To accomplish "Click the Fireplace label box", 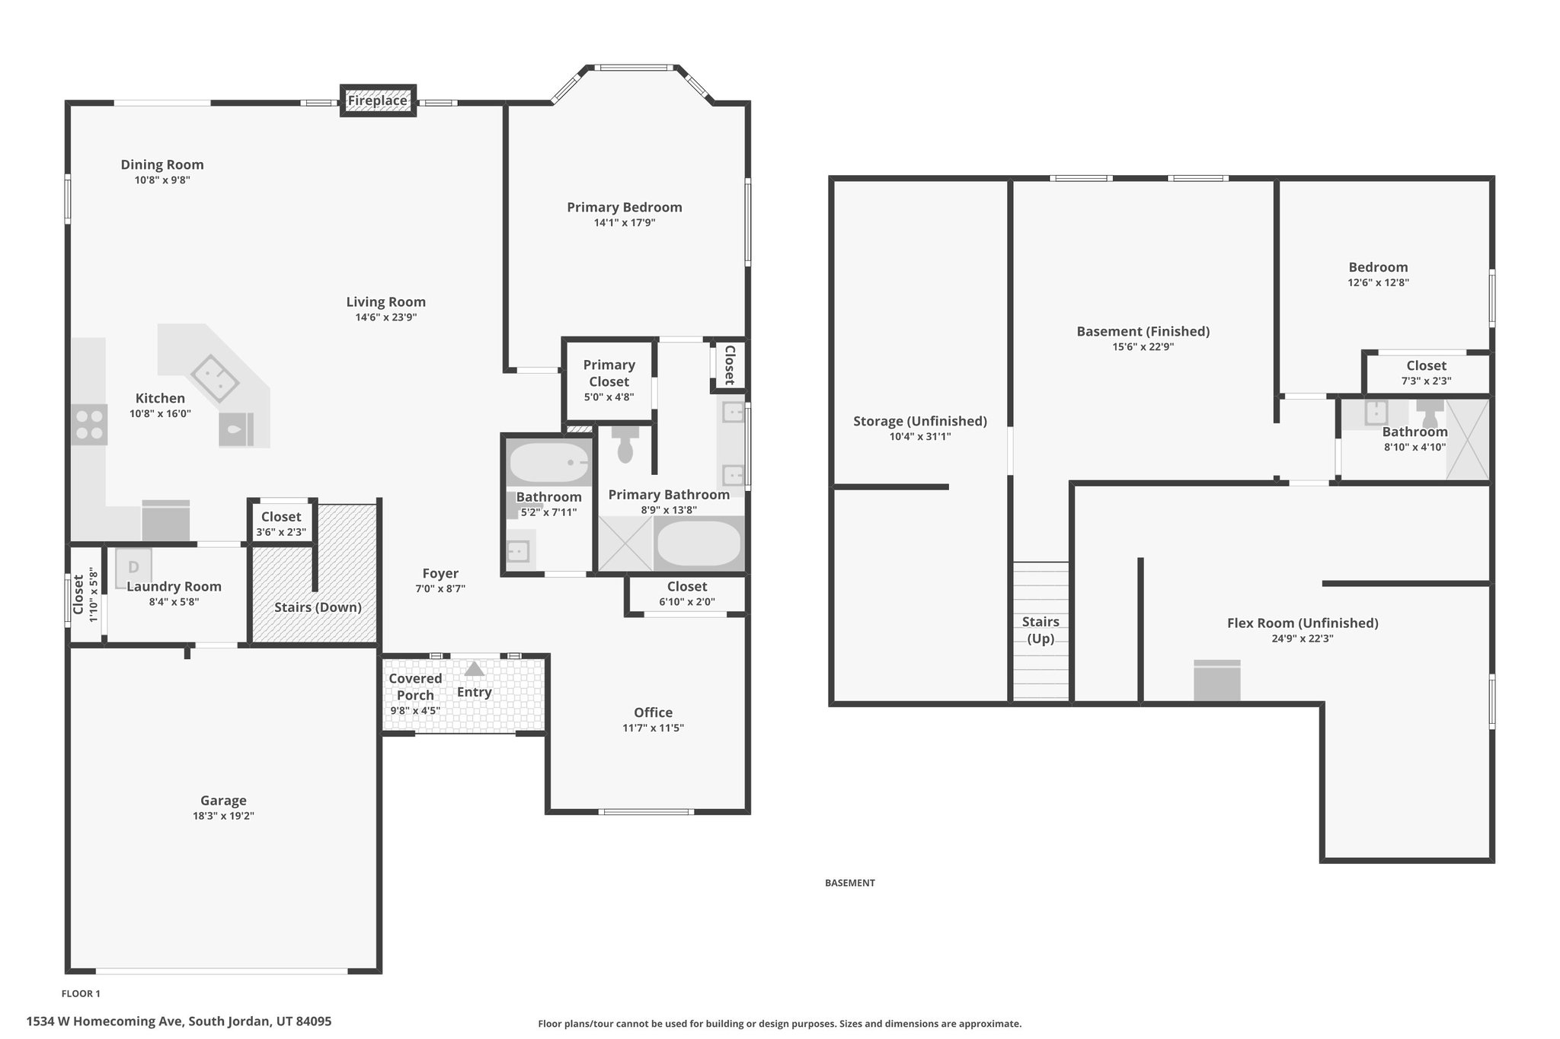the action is [378, 100].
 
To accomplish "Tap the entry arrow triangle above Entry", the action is [475, 669].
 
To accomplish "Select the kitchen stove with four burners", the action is [89, 425].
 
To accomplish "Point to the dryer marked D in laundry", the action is [133, 568].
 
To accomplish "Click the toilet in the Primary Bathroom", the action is [625, 444].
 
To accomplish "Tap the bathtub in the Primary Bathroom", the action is [698, 543].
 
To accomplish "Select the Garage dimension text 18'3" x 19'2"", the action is [223, 816].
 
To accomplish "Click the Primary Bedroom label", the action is [625, 207].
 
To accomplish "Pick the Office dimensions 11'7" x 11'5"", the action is [654, 728].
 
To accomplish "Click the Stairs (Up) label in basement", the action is [1041, 630].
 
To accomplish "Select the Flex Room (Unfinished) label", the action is [1303, 623].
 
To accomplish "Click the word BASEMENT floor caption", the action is [850, 883].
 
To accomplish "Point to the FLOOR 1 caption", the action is [81, 993].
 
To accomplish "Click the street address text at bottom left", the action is [179, 1021].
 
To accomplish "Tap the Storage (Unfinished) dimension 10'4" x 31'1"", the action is [920, 437].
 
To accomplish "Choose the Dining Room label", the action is [162, 164].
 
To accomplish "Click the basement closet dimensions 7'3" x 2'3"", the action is [1427, 381].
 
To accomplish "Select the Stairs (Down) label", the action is [318, 607].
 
